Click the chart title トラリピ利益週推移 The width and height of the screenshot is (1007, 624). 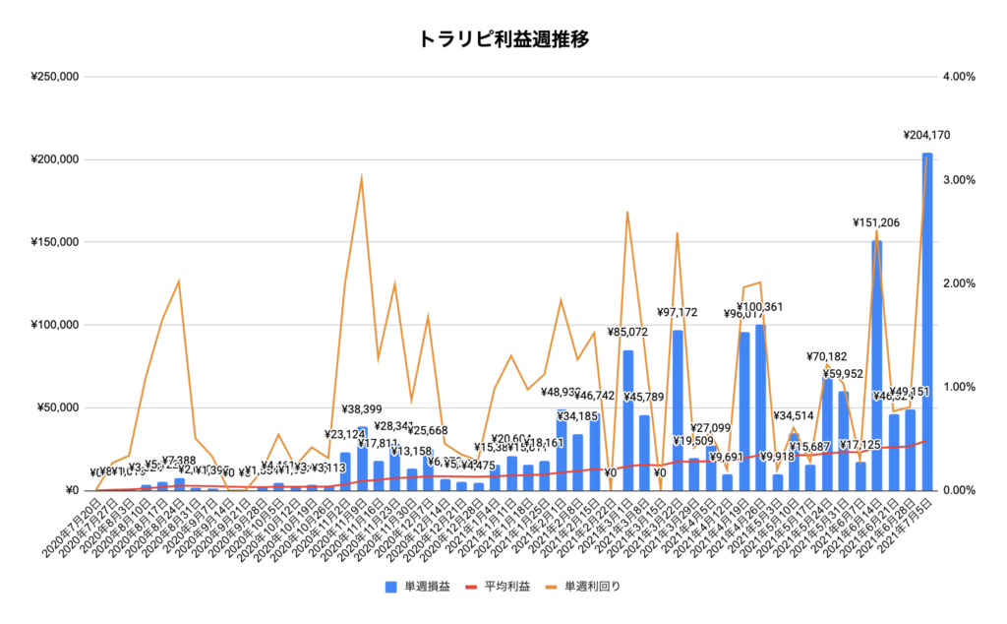pos(503,39)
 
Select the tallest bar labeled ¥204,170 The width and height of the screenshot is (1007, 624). pos(926,325)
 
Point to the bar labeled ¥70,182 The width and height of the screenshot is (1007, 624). pos(827,433)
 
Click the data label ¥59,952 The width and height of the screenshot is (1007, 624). pos(844,374)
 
